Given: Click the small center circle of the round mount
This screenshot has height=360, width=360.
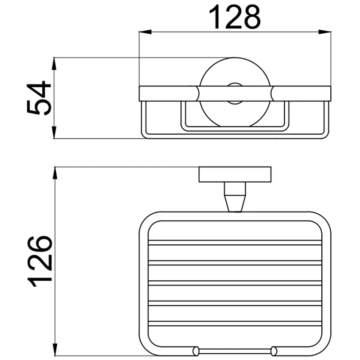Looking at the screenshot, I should pyautogui.click(x=234, y=93).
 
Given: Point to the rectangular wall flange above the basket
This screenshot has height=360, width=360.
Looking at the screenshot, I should pyautogui.click(x=235, y=175).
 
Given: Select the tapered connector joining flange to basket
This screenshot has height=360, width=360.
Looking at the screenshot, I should pyautogui.click(x=235, y=198).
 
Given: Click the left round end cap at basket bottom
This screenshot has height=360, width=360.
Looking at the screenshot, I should pyautogui.click(x=195, y=350).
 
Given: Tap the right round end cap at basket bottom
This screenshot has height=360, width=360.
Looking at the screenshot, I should pyautogui.click(x=274, y=350).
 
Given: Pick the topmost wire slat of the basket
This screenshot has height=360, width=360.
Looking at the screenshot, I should pyautogui.click(x=235, y=243).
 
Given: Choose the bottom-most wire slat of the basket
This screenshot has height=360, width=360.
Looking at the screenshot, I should pyautogui.click(x=235, y=324).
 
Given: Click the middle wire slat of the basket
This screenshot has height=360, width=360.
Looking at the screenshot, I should pyautogui.click(x=235, y=283).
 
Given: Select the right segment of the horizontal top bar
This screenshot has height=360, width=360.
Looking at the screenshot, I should pyautogui.click(x=301, y=93).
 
